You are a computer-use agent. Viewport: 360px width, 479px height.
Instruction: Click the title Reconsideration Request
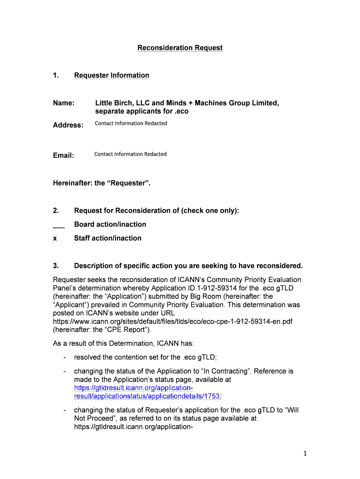(x=180, y=48)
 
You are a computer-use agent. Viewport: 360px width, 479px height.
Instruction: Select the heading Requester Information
(x=112, y=75)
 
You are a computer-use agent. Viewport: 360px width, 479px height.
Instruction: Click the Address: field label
(x=68, y=125)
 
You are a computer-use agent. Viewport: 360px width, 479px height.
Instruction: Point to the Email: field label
(x=63, y=155)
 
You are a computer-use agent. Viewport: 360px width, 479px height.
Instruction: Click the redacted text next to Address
(x=131, y=123)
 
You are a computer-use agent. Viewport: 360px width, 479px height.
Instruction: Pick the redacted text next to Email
(x=130, y=154)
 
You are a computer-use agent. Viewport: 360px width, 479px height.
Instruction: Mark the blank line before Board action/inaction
(x=58, y=225)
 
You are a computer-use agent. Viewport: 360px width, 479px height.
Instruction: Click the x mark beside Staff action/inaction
(x=55, y=238)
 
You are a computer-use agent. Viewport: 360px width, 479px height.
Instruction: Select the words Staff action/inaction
(x=108, y=238)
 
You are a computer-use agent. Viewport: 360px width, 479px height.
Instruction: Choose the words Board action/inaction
(x=110, y=225)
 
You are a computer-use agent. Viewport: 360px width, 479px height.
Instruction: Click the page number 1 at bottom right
(x=304, y=453)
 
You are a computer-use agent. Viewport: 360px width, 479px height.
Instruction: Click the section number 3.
(x=55, y=266)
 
